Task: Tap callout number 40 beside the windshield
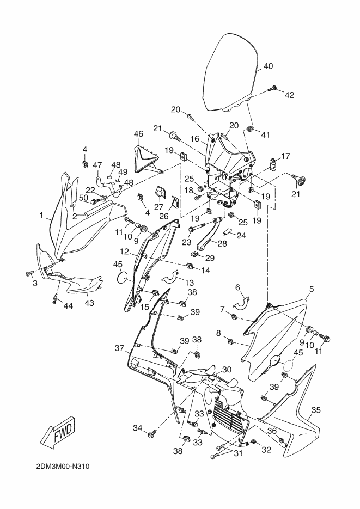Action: point(268,66)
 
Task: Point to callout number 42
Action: point(289,95)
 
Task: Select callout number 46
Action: point(139,133)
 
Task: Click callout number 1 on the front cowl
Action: point(41,215)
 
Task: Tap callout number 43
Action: point(89,303)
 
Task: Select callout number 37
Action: point(119,348)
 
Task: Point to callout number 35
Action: point(316,410)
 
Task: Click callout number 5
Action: point(312,289)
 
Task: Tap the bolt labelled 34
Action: point(151,434)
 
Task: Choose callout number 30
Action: point(227,370)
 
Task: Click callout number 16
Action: point(195,139)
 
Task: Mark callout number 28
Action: point(222,243)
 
